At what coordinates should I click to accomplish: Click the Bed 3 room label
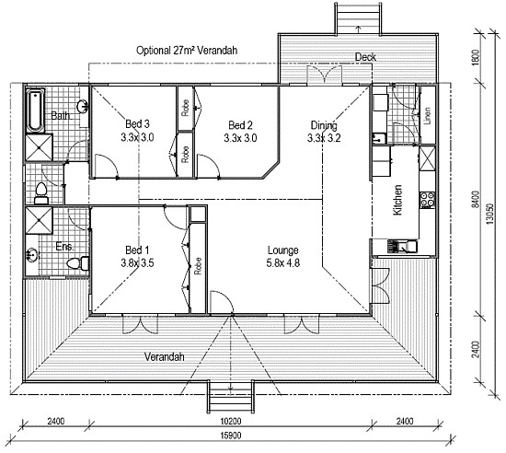pyautogui.click(x=135, y=125)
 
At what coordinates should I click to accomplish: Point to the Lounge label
pyautogui.click(x=282, y=250)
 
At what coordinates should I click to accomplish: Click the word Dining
pyautogui.click(x=322, y=125)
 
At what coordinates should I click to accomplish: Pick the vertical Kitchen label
pyautogui.click(x=398, y=200)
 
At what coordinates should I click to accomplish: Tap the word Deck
pyautogui.click(x=365, y=57)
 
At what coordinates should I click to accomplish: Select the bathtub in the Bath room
pyautogui.click(x=33, y=109)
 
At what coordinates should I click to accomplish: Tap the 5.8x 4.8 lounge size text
pyautogui.click(x=282, y=262)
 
